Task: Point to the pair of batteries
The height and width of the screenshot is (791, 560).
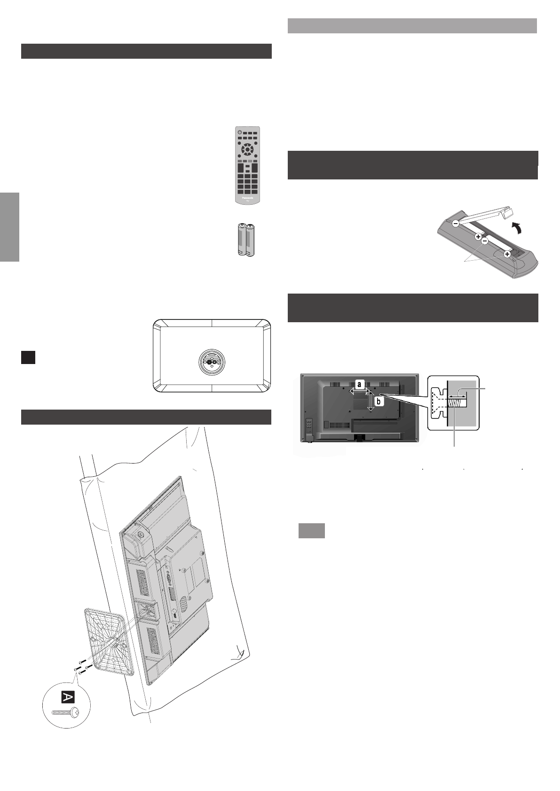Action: click(246, 240)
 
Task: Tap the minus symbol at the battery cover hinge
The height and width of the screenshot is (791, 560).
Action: click(456, 225)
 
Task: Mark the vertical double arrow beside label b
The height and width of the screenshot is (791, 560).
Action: click(371, 401)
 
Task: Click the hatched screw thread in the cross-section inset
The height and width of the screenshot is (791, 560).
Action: click(457, 403)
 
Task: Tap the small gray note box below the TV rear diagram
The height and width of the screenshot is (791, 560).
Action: click(312, 531)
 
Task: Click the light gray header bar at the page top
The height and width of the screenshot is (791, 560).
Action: click(412, 26)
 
